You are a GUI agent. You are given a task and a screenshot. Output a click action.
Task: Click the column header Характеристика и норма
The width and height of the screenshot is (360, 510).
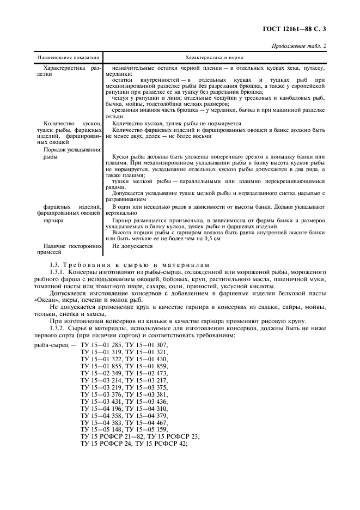pyautogui.click(x=214, y=57)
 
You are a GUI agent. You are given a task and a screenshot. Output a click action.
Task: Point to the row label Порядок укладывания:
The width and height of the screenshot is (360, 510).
pyautogui.click(x=73, y=149)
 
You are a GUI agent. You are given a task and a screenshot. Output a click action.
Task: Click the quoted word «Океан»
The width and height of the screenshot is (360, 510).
pyautogui.click(x=46, y=300)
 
